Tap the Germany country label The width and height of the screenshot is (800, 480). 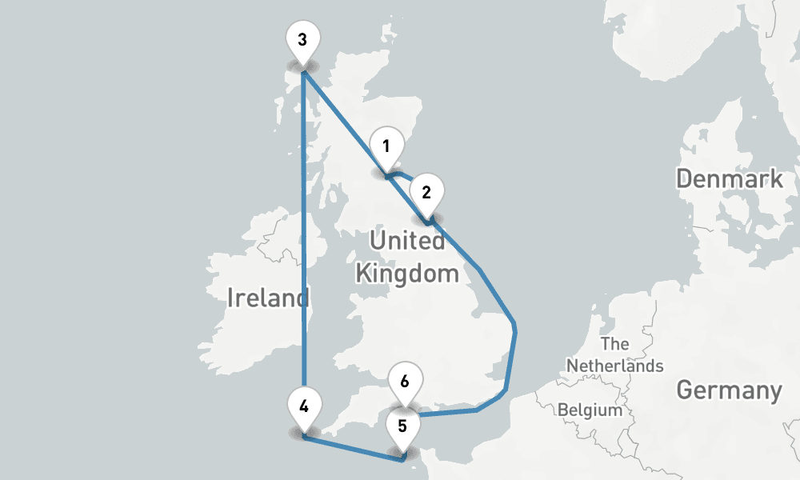pyautogui.click(x=728, y=390)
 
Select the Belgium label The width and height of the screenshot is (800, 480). pyautogui.click(x=590, y=410)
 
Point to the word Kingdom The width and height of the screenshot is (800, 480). pyautogui.click(x=407, y=274)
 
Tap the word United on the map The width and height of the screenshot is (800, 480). pyautogui.click(x=406, y=240)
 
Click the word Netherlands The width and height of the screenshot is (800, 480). pyautogui.click(x=615, y=366)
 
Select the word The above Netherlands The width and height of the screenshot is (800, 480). pyautogui.click(x=614, y=345)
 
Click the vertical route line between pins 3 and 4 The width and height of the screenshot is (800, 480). pyautogui.click(x=303, y=240)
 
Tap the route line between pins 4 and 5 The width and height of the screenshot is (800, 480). pyautogui.click(x=352, y=446)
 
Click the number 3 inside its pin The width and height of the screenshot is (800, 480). pyautogui.click(x=302, y=39)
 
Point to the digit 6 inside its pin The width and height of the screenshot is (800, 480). pyautogui.click(x=405, y=381)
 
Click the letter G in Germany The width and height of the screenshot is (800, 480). pyautogui.click(x=685, y=390)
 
